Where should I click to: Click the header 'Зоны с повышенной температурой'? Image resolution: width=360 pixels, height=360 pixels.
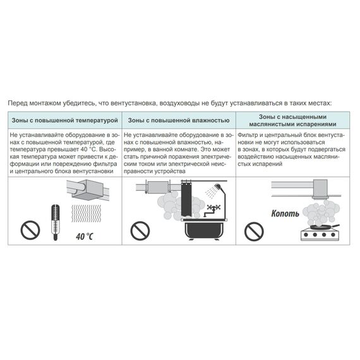point(64,120)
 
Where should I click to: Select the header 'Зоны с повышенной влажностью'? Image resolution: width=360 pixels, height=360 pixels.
point(178,120)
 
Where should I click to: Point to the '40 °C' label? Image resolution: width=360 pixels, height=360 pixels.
point(84,237)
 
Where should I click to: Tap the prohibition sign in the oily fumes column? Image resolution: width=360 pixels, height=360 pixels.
point(255,229)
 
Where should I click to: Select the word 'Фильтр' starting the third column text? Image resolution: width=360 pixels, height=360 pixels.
point(248,136)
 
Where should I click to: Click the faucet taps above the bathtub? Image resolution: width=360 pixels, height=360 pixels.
point(212,208)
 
